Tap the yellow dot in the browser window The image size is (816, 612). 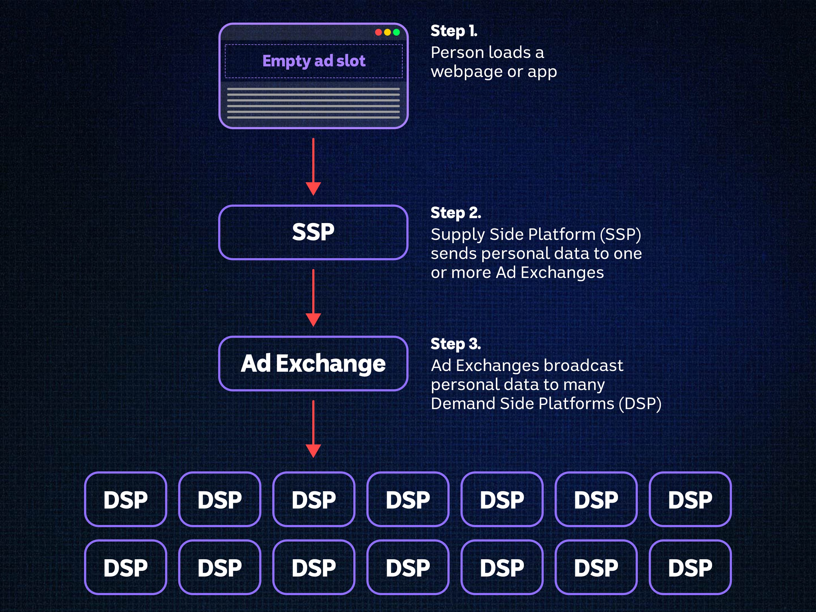click(387, 32)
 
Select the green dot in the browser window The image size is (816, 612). click(397, 32)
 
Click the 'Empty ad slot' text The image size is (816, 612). click(314, 61)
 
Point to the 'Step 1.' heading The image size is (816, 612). click(454, 31)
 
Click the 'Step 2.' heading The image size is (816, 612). click(456, 213)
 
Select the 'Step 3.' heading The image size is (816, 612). click(456, 344)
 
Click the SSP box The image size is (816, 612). click(313, 232)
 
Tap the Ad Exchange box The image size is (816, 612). click(313, 363)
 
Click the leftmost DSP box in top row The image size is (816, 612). click(125, 499)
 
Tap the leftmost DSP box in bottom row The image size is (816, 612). click(125, 567)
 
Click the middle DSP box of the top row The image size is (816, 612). click(408, 499)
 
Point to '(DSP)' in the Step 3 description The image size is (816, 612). click(640, 404)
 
